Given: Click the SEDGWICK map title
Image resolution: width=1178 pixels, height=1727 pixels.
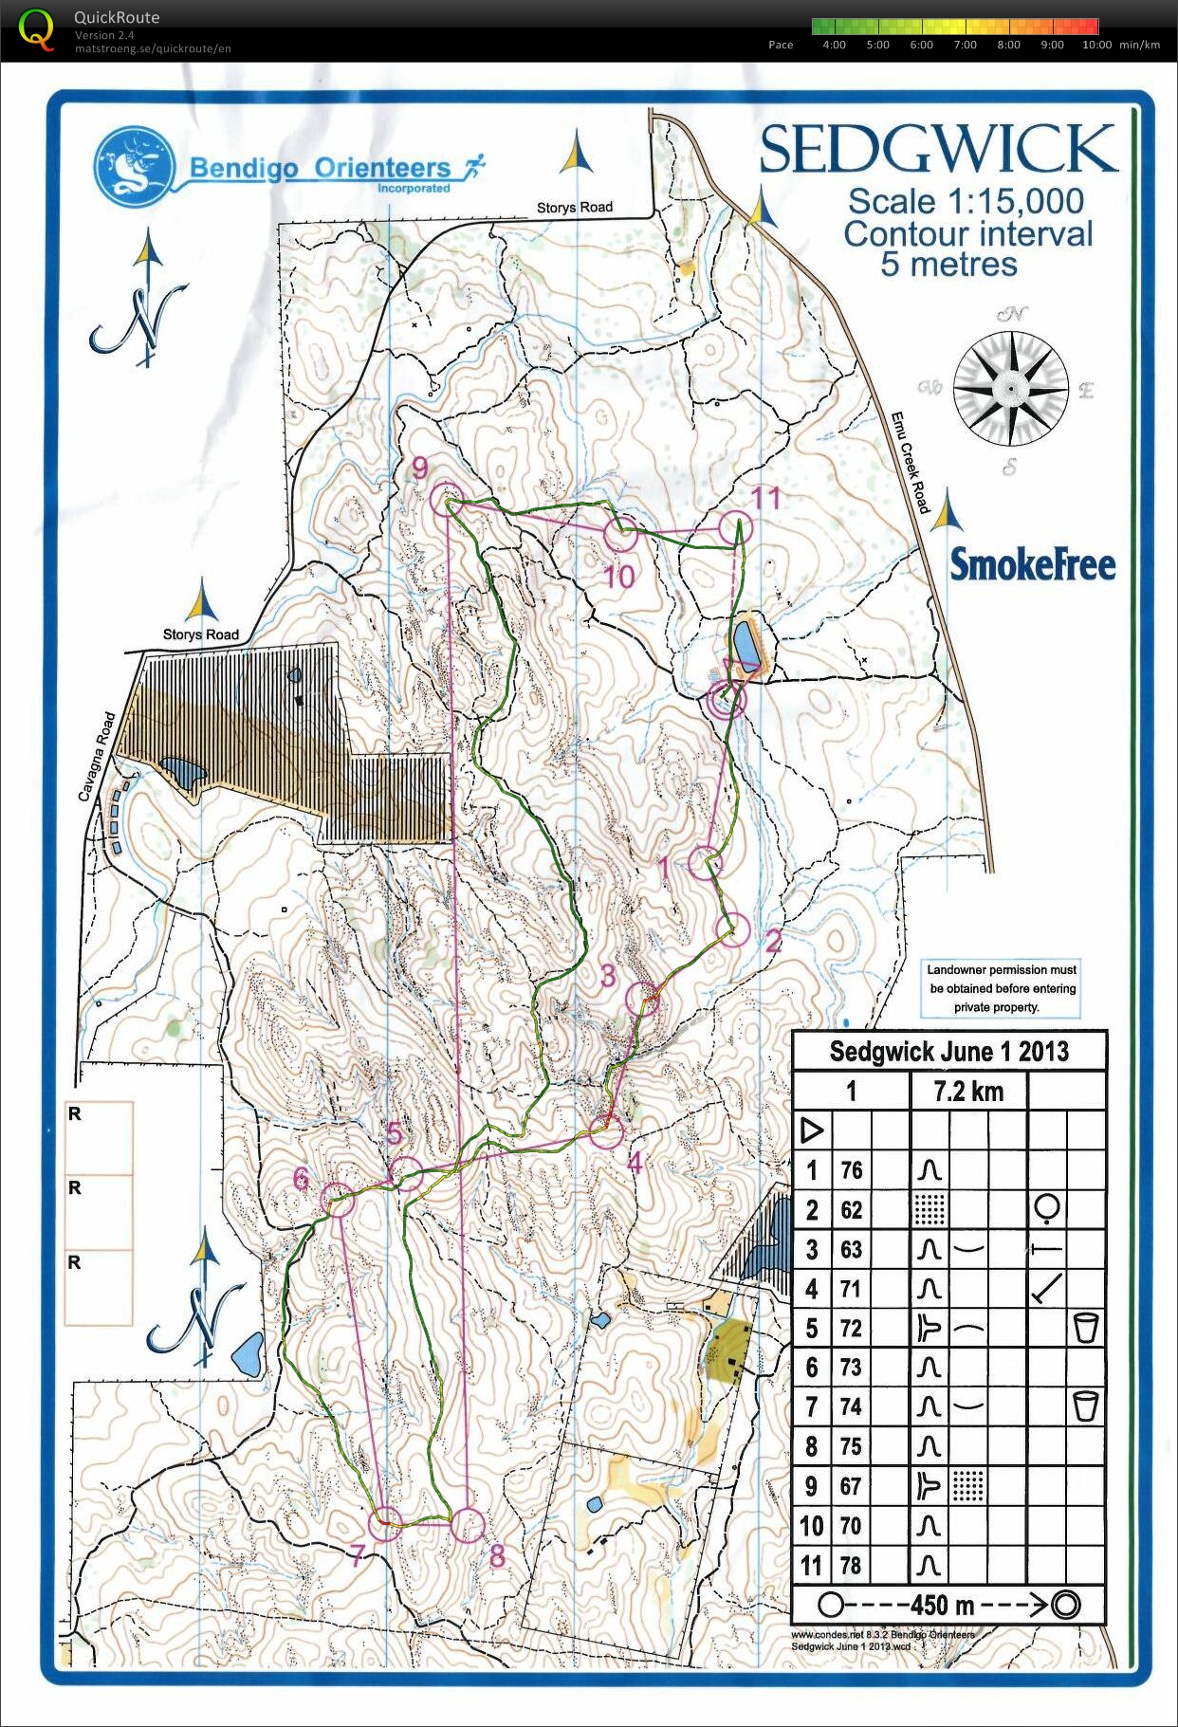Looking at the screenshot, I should pyautogui.click(x=938, y=150).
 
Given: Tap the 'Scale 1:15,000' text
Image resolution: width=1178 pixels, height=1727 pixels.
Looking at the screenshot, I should pyautogui.click(x=965, y=202).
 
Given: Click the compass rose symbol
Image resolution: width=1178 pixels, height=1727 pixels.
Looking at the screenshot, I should pyautogui.click(x=1011, y=389).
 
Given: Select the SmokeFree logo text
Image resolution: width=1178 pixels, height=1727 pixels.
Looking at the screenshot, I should pyautogui.click(x=1032, y=565).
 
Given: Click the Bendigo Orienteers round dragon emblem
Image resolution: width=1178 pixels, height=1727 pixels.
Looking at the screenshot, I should pyautogui.click(x=135, y=167).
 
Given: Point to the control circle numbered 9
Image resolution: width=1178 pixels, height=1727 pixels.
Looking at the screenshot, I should pyautogui.click(x=446, y=499).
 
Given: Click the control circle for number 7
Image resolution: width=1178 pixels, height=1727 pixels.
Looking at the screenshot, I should pyautogui.click(x=386, y=1523).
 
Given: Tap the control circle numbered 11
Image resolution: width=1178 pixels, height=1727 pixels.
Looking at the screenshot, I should pyautogui.click(x=735, y=528).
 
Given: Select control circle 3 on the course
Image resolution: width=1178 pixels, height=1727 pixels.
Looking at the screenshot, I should pyautogui.click(x=643, y=998).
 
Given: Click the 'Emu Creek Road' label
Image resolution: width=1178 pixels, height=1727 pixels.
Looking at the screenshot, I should pyautogui.click(x=909, y=463).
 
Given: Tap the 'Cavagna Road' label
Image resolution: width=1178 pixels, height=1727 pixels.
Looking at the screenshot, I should pyautogui.click(x=97, y=756).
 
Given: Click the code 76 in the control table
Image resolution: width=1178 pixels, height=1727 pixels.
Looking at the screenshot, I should pyautogui.click(x=851, y=1170).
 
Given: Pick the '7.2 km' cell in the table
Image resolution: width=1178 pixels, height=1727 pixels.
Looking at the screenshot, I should pyautogui.click(x=967, y=1092).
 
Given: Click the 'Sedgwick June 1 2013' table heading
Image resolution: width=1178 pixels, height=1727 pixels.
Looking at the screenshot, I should pyautogui.click(x=948, y=1052).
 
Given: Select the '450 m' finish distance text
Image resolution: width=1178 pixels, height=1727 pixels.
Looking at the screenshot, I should pyautogui.click(x=942, y=1606).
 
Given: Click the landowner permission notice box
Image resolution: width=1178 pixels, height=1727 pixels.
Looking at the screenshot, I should pyautogui.click(x=1002, y=988).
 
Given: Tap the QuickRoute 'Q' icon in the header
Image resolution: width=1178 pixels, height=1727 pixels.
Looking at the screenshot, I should pyautogui.click(x=36, y=29).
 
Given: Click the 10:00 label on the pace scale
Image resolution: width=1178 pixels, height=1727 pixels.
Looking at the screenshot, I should pyautogui.click(x=1096, y=45).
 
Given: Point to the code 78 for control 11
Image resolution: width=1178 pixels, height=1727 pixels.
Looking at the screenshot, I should pyautogui.click(x=851, y=1565).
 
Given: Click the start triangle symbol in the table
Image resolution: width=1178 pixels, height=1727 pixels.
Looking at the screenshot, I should pyautogui.click(x=812, y=1130).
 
